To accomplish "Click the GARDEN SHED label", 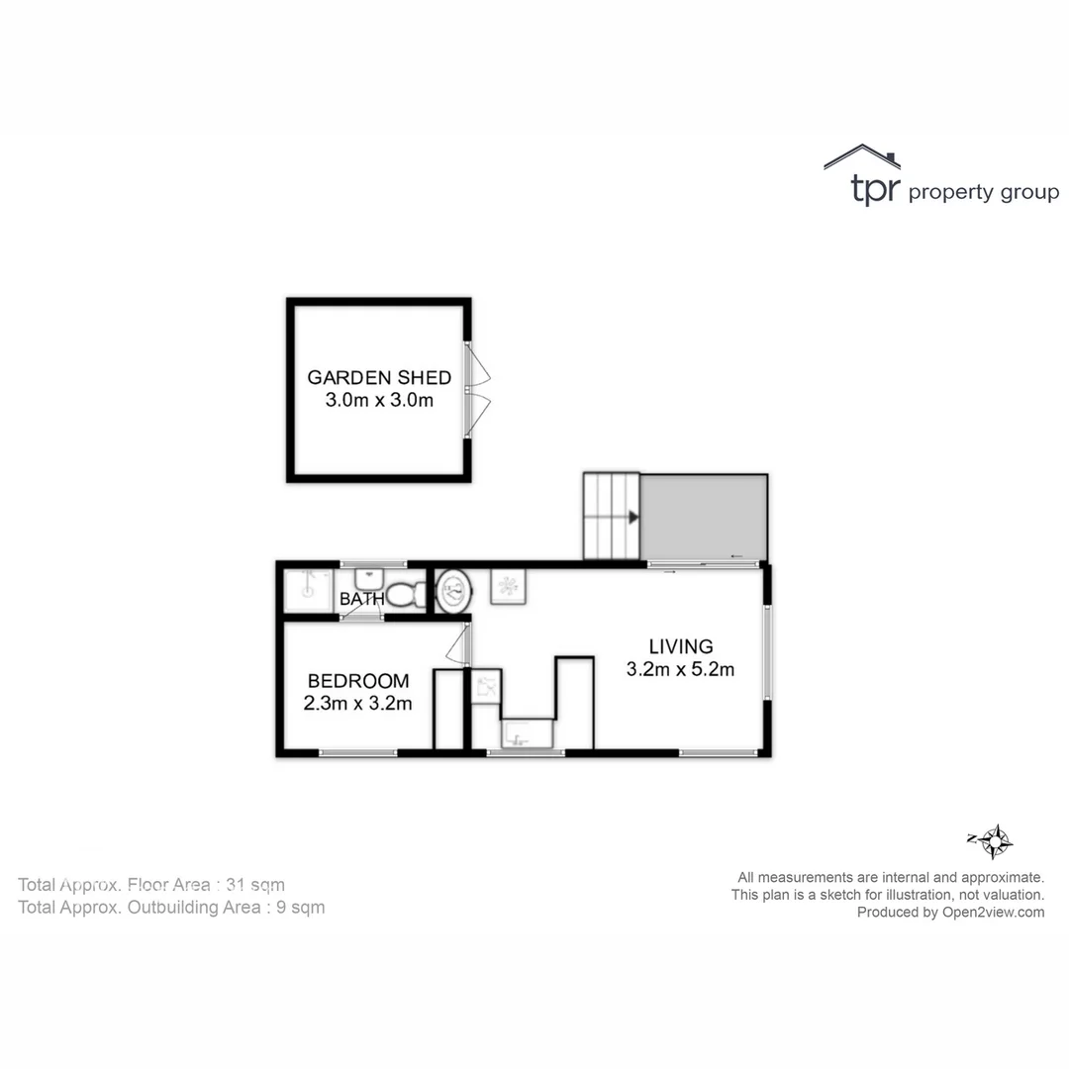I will (x=379, y=377).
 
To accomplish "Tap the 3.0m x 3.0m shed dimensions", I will (x=379, y=401).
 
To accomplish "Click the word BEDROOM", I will (x=357, y=681).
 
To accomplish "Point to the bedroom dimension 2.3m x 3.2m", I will (x=357, y=704).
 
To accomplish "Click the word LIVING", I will (x=680, y=647).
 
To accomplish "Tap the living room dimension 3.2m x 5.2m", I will (x=680, y=670).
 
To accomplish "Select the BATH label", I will (x=361, y=600).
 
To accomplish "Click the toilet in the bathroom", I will (x=405, y=594).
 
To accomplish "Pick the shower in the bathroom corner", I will (x=306, y=591).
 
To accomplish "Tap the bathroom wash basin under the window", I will (x=369, y=577).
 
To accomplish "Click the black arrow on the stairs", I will (x=632, y=517).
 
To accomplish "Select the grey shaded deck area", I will (x=704, y=518).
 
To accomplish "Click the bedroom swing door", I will (x=458, y=644).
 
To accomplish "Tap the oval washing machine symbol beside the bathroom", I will (x=454, y=591).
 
